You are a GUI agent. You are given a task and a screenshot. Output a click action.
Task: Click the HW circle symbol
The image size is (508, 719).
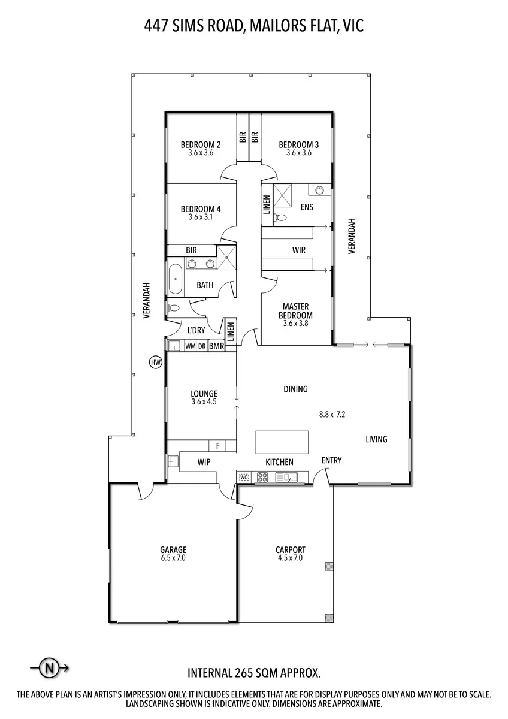[x=156, y=362]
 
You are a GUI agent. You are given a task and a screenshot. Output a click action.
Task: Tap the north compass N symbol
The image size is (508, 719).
[x=49, y=668]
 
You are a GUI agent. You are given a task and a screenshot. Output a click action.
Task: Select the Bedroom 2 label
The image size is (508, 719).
[x=201, y=145]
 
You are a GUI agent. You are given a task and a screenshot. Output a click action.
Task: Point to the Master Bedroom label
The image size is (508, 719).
[x=295, y=311]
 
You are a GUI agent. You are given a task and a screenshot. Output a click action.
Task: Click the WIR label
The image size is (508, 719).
[x=299, y=250]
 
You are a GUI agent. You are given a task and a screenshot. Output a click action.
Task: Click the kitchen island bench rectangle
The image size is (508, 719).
[x=282, y=442]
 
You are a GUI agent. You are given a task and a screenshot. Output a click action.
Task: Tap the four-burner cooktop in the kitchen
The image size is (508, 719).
[x=262, y=478]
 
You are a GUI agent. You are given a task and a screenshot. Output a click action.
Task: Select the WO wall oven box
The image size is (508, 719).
[x=244, y=478]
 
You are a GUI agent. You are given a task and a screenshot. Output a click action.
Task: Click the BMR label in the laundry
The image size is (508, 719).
[x=216, y=346]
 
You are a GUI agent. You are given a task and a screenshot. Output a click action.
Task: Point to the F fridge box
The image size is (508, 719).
[x=217, y=446]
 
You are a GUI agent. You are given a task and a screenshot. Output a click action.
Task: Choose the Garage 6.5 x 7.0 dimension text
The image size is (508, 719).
[x=173, y=558]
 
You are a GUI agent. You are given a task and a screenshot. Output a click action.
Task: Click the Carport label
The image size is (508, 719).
[x=291, y=550]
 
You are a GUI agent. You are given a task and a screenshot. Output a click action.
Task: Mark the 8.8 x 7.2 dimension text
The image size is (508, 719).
[x=332, y=415]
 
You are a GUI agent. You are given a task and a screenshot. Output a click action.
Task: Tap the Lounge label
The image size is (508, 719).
[x=204, y=394]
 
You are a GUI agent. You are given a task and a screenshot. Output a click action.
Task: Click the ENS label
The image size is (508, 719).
[x=307, y=207]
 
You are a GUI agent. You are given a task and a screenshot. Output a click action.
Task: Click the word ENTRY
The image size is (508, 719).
[x=331, y=460]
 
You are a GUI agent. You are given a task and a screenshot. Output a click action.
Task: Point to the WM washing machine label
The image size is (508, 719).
[x=190, y=346]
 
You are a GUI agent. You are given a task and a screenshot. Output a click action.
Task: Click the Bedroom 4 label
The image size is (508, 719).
[x=201, y=209]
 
